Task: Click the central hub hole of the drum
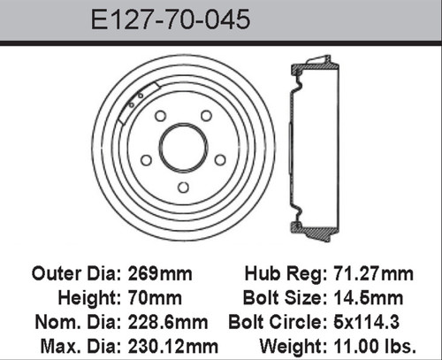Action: click(182, 146)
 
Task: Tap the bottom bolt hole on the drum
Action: click(182, 187)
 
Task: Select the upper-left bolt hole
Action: click(160, 116)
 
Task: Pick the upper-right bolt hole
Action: click(206, 116)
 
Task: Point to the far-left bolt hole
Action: click(145, 159)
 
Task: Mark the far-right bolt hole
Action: click(220, 159)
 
